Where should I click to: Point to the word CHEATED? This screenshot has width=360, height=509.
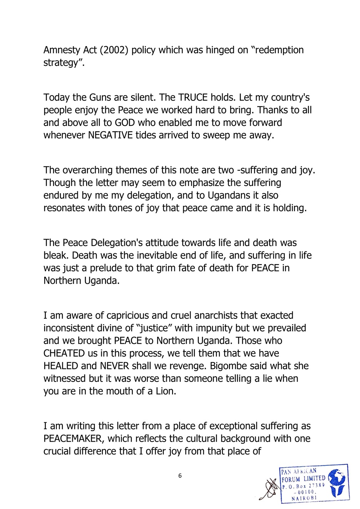pos(64,353)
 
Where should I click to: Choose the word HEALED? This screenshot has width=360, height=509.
pos(61,366)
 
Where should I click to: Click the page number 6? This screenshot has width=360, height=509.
pos(180,476)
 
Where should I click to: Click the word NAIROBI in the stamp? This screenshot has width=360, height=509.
pos(304,498)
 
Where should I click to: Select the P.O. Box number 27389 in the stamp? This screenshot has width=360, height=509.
pos(314,486)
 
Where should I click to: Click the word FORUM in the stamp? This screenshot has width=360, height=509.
pos(291,479)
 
